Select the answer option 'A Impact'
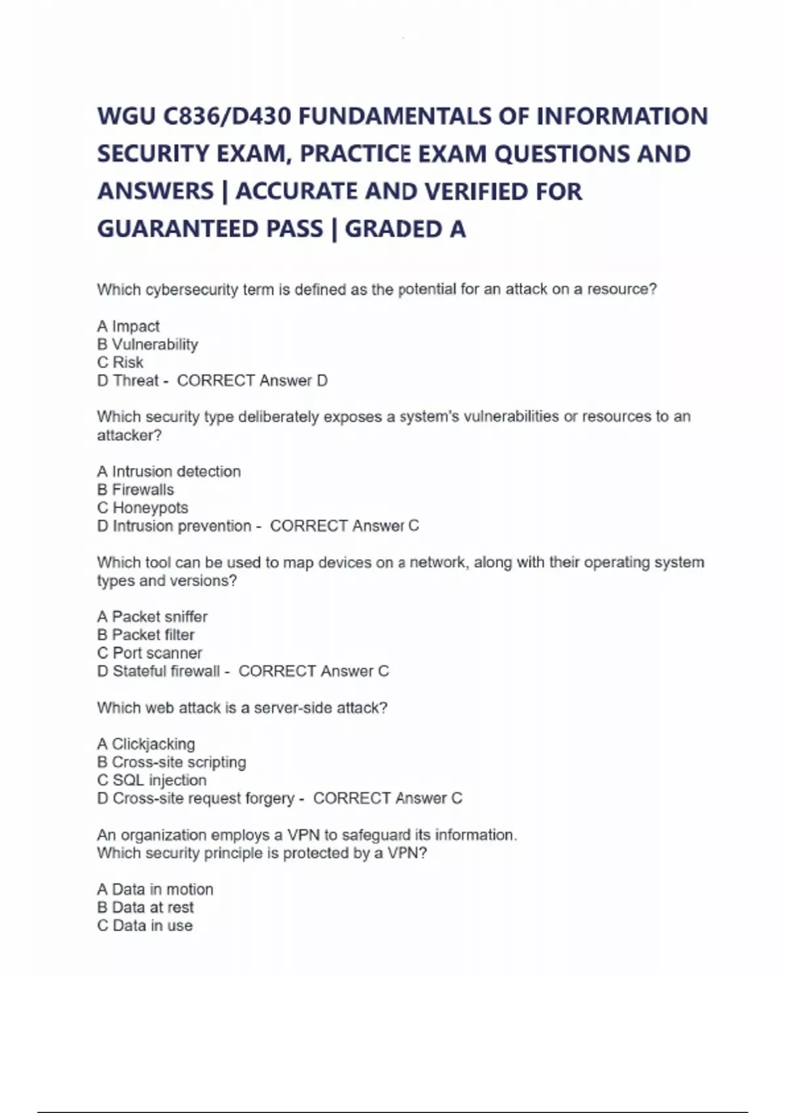[x=128, y=326]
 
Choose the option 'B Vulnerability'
[x=147, y=344]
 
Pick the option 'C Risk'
[x=120, y=363]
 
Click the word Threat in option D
[x=136, y=381]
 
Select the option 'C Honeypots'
[x=142, y=508]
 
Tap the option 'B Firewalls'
[x=136, y=490]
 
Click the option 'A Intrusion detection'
[x=169, y=471]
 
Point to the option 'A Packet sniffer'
[x=152, y=617]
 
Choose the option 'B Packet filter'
[x=145, y=635]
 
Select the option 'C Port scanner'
[x=149, y=653]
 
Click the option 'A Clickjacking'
[x=146, y=744]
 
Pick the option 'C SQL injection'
[x=151, y=780]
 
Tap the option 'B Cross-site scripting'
[x=172, y=763]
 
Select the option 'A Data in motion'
[x=155, y=890]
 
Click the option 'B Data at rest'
[x=145, y=908]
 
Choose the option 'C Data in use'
[x=145, y=926]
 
